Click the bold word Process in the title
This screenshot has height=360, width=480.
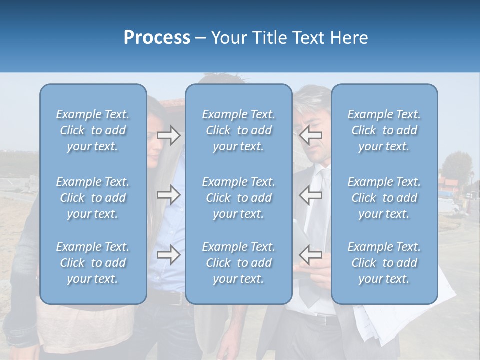[x=157, y=38]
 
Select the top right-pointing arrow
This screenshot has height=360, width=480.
[x=168, y=135]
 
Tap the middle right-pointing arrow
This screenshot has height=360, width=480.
[x=168, y=195]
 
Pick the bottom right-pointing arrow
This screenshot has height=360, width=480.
[x=168, y=255]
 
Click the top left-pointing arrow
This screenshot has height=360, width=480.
[x=311, y=135]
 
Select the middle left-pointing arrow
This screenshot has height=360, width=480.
[x=311, y=195]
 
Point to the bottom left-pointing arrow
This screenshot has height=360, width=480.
[x=311, y=255]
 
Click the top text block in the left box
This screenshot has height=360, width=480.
[x=93, y=130]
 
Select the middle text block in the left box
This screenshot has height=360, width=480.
[x=93, y=198]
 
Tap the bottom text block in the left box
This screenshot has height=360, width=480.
[x=93, y=263]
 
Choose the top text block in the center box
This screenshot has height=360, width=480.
[x=238, y=130]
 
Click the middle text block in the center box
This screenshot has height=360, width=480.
[x=238, y=198]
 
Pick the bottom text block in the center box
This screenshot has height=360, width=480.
[x=238, y=263]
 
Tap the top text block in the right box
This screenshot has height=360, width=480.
[x=384, y=130]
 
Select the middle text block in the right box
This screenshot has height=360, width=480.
[x=384, y=198]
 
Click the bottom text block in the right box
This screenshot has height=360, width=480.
[x=384, y=263]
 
